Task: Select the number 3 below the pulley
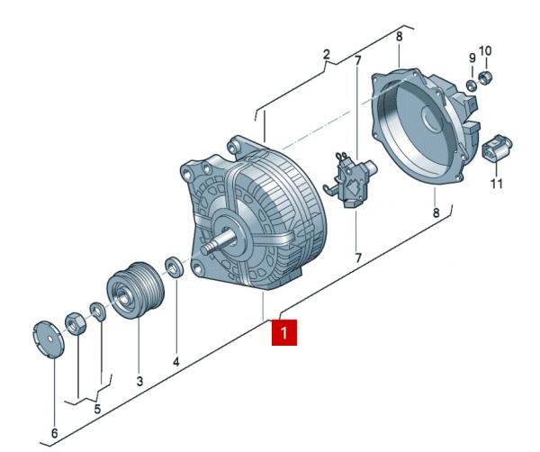(x=139, y=381)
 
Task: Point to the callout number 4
(x=176, y=361)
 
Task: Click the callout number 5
(x=98, y=410)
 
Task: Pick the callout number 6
(x=54, y=433)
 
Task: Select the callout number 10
(x=486, y=50)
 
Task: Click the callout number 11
(x=496, y=185)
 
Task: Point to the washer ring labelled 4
(x=175, y=267)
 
